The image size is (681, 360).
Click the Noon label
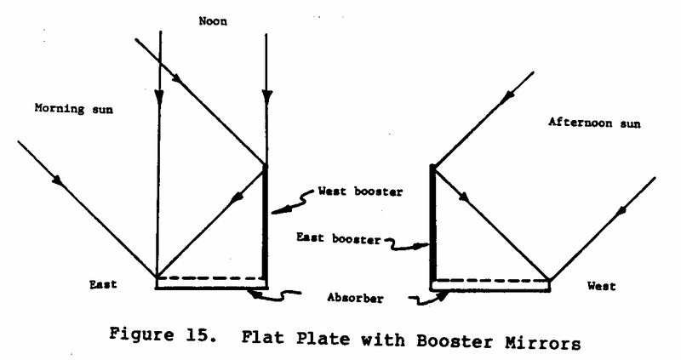click(x=213, y=21)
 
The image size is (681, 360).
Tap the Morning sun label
click(x=74, y=109)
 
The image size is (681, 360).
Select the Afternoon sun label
click(x=594, y=123)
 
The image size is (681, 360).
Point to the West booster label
click(x=360, y=191)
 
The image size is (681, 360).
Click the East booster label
click(x=339, y=238)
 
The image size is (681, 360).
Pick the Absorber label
click(x=355, y=298)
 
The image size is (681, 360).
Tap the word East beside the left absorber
click(x=103, y=284)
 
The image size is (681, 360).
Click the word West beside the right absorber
click(x=602, y=286)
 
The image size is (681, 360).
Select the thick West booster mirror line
click(x=266, y=221)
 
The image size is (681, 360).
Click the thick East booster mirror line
click(x=433, y=222)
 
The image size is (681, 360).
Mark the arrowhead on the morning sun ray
click(x=59, y=180)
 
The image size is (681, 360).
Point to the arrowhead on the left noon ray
click(x=159, y=96)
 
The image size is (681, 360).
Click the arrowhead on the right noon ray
click(x=266, y=96)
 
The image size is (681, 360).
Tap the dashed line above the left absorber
click(x=211, y=277)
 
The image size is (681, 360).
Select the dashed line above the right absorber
click(x=491, y=281)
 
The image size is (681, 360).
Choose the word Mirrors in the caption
click(x=543, y=344)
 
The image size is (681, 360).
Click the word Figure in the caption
click(x=141, y=334)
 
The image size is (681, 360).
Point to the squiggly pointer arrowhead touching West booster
click(x=278, y=211)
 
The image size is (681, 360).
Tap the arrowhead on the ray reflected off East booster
click(x=464, y=197)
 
